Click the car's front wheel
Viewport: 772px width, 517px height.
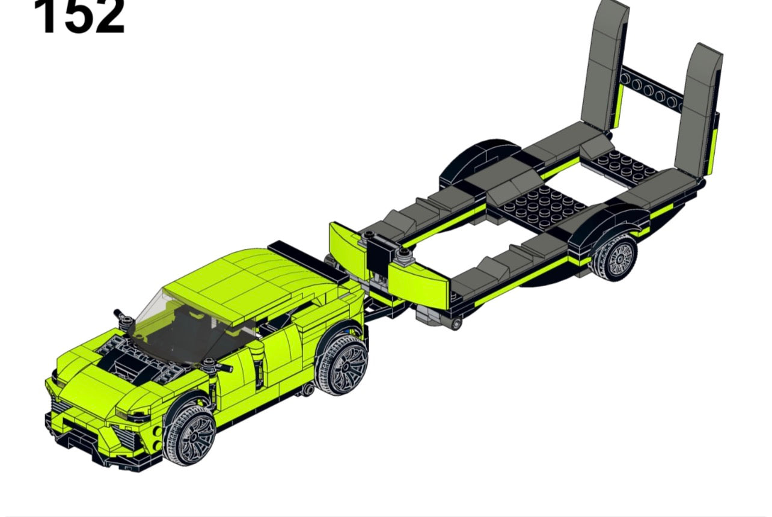[x=191, y=434]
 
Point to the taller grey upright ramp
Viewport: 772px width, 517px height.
[x=604, y=63]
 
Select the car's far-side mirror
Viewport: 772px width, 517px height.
[x=123, y=317]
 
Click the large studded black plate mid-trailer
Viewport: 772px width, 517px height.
[x=544, y=207]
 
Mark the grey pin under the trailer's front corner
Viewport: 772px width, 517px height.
[x=456, y=324]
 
